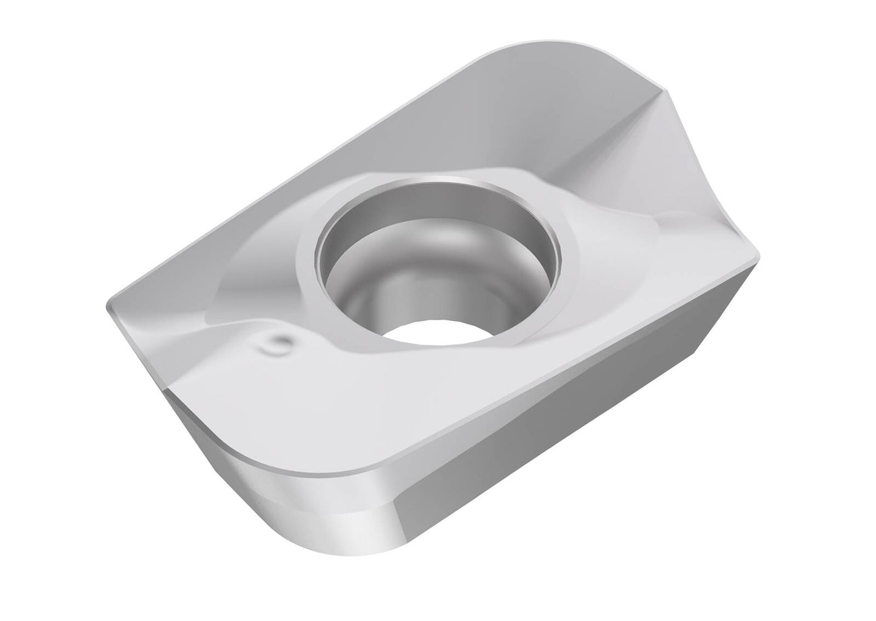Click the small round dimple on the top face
click(277, 344)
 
